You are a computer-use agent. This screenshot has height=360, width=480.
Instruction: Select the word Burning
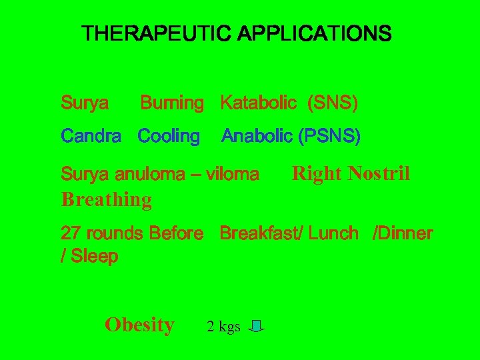pyautogui.click(x=171, y=103)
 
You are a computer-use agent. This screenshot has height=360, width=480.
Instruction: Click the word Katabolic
pyautogui.click(x=258, y=103)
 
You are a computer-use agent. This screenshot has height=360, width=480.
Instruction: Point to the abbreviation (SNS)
pyautogui.click(x=332, y=103)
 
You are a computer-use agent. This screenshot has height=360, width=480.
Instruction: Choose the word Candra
pyautogui.click(x=91, y=137)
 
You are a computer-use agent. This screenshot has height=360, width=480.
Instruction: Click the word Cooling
pyautogui.click(x=169, y=137)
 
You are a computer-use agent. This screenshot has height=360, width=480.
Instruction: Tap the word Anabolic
pyautogui.click(x=257, y=137)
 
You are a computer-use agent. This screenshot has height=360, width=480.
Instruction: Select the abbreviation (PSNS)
pyautogui.click(x=329, y=137)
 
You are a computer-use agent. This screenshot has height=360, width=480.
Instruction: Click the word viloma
pyautogui.click(x=233, y=175)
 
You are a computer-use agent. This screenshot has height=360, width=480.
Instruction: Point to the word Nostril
pyautogui.click(x=379, y=174)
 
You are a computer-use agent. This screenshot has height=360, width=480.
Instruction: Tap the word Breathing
pyautogui.click(x=106, y=199)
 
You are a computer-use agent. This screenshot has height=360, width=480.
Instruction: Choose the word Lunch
pyautogui.click(x=333, y=233)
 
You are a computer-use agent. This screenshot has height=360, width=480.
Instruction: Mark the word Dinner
pyautogui.click(x=405, y=233)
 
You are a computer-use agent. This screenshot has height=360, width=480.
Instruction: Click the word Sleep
pyautogui.click(x=94, y=256)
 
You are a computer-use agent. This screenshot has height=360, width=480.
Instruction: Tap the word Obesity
pyautogui.click(x=139, y=325)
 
